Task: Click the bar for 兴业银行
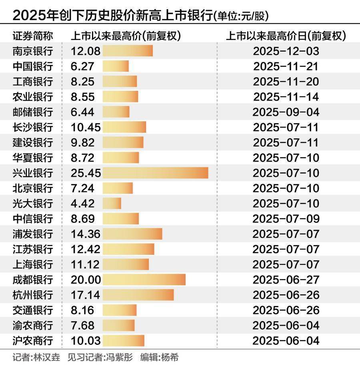(x=155, y=173)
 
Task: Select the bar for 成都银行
(x=144, y=280)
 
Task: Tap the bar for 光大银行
(x=112, y=203)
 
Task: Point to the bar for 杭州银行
(x=138, y=295)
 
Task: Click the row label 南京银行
(x=32, y=51)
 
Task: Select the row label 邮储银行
(x=32, y=112)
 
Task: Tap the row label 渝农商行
(x=32, y=325)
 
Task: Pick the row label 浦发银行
(x=32, y=234)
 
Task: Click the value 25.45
(x=86, y=173)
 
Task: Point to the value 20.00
(x=86, y=280)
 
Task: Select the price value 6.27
(x=83, y=66)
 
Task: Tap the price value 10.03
(x=86, y=340)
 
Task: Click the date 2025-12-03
(x=286, y=51)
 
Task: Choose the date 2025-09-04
(x=286, y=112)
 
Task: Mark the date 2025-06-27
(x=286, y=280)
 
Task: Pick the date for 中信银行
(x=286, y=218)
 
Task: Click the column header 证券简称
(x=32, y=36)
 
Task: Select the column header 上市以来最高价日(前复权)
(x=286, y=36)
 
